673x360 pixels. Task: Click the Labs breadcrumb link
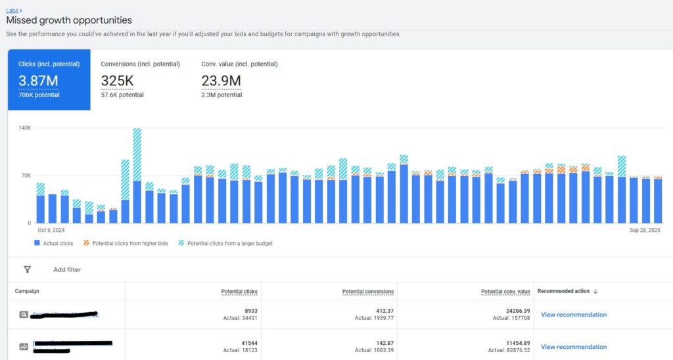point(12,11)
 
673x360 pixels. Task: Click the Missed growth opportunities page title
point(69,21)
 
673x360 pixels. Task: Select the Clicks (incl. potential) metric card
point(49,79)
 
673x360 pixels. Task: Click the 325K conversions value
point(117,81)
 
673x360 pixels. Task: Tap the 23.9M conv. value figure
point(221,81)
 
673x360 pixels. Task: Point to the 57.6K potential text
point(122,95)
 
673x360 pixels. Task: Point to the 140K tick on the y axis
point(24,127)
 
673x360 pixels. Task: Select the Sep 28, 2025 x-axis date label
point(645,231)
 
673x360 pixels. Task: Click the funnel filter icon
point(27,269)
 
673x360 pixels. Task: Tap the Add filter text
point(67,269)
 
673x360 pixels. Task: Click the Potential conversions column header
point(367,291)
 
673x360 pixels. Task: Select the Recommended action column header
point(563,291)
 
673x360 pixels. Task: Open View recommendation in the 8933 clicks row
point(573,315)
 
